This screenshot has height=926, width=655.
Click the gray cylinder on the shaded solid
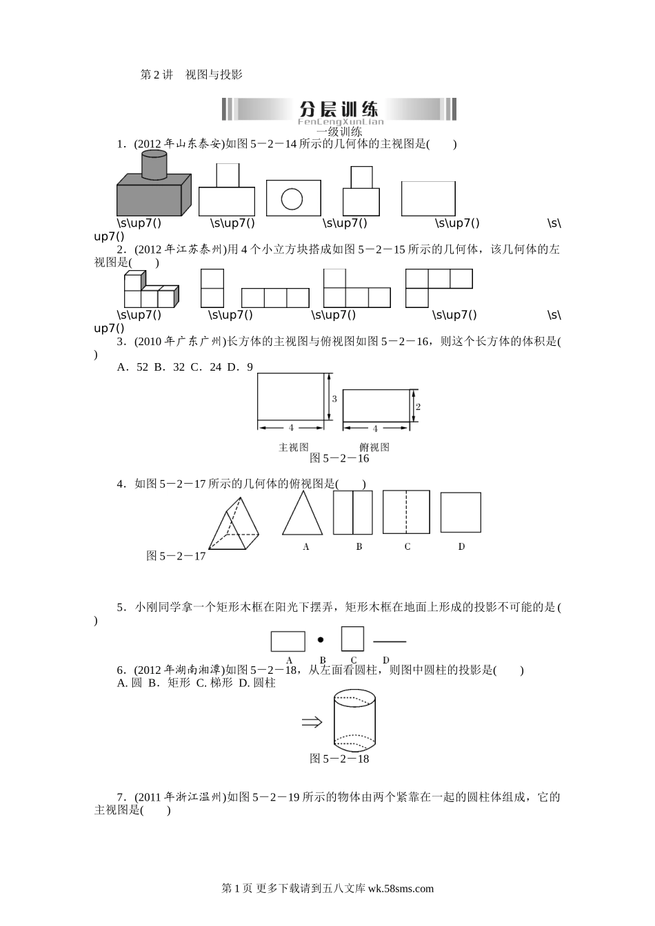click(x=154, y=165)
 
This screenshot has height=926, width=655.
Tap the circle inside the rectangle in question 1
click(x=292, y=199)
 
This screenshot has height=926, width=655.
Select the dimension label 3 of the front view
click(x=334, y=399)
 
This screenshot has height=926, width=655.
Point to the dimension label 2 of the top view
click(x=418, y=407)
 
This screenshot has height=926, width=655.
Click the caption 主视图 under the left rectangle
click(x=294, y=447)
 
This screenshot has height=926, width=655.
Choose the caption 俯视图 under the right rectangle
click(x=374, y=447)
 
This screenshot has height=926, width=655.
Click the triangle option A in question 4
click(x=303, y=513)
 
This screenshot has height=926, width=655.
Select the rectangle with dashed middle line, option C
click(x=406, y=512)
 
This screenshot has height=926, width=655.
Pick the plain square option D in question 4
click(x=461, y=512)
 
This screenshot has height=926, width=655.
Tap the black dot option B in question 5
click(x=320, y=639)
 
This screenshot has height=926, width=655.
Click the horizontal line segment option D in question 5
click(x=390, y=641)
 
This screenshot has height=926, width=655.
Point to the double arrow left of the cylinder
click(x=312, y=722)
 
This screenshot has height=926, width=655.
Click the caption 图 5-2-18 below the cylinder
click(x=339, y=759)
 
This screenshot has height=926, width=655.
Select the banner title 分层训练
click(x=339, y=110)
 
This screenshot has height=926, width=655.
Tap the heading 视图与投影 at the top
click(x=214, y=74)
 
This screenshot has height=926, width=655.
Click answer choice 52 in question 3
click(x=142, y=367)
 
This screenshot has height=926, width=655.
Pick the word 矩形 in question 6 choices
click(x=179, y=683)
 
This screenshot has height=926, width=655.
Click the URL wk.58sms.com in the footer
click(x=401, y=888)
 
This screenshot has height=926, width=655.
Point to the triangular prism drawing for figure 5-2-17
click(x=234, y=524)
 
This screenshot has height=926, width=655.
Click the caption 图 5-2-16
click(x=339, y=458)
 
